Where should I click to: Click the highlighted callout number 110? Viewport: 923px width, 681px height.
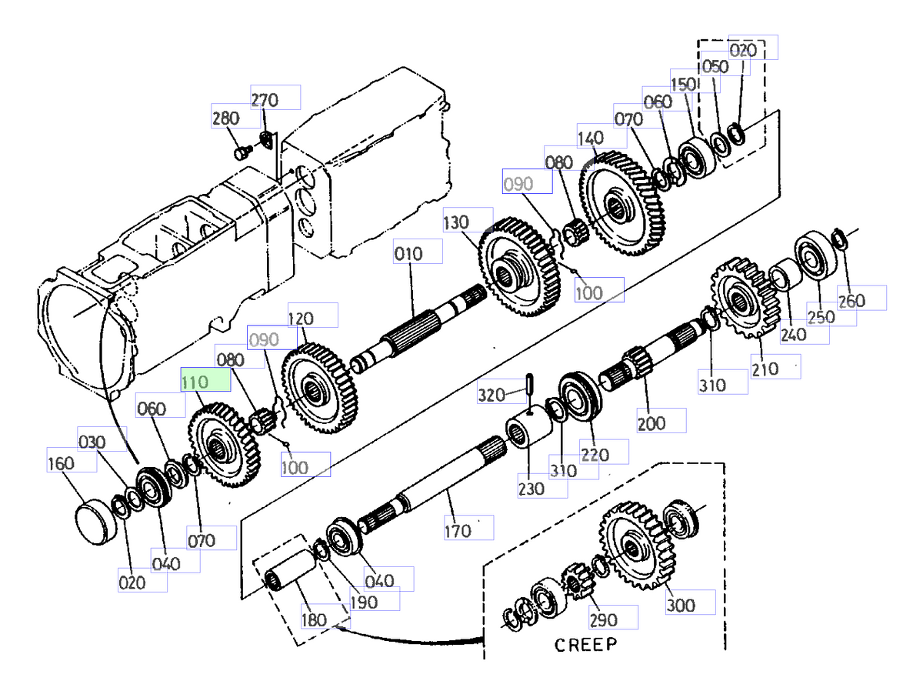[195, 380]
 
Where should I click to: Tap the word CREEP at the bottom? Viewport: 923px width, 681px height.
[585, 645]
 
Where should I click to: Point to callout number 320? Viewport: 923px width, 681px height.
[491, 396]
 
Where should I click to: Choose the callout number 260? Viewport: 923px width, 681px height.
[851, 302]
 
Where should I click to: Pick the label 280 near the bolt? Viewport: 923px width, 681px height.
[225, 119]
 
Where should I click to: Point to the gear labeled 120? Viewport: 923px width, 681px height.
[315, 389]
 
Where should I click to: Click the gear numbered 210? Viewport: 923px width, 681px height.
[740, 299]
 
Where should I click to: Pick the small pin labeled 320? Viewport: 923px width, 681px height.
[530, 382]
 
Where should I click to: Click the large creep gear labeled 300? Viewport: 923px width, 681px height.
[635, 546]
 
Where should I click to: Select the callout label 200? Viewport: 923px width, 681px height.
[651, 423]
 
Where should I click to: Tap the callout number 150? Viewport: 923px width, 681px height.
[683, 84]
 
